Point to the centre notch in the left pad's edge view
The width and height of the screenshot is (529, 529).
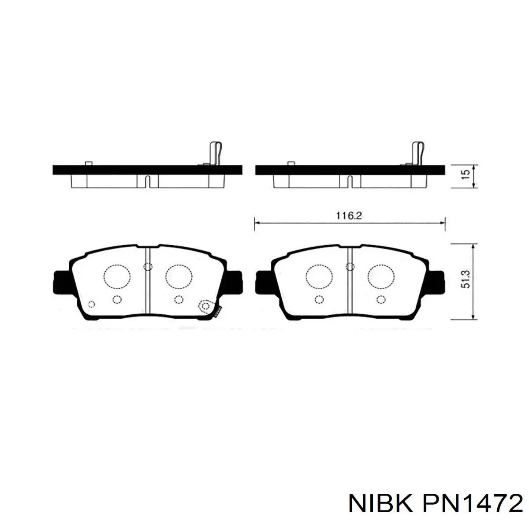point(148,181)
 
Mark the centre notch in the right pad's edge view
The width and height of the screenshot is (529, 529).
point(350,181)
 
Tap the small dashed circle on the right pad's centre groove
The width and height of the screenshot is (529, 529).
point(350,266)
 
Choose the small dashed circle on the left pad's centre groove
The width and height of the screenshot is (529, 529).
point(148,266)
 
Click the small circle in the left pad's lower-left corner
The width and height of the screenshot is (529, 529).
point(91,304)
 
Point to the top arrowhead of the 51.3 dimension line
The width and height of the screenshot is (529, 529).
point(473,246)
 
